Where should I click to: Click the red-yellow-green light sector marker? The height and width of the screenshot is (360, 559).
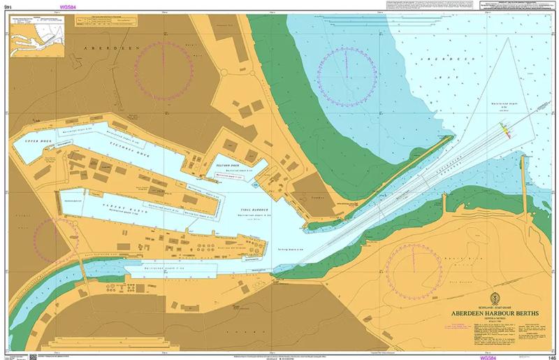505,132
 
